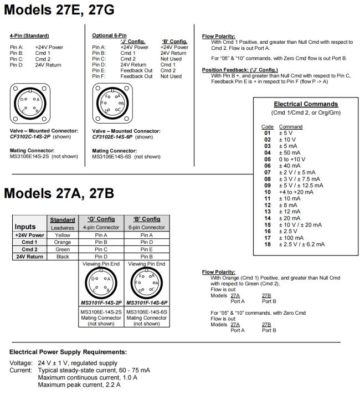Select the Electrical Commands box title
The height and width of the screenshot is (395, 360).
tap(306, 104)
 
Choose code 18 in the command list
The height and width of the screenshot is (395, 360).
tap(268, 244)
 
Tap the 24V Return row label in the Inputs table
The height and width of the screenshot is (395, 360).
tap(29, 257)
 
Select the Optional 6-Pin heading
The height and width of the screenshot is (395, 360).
tap(109, 35)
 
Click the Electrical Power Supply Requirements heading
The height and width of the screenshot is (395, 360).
tap(68, 352)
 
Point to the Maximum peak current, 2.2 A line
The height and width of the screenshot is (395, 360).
tap(80, 384)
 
